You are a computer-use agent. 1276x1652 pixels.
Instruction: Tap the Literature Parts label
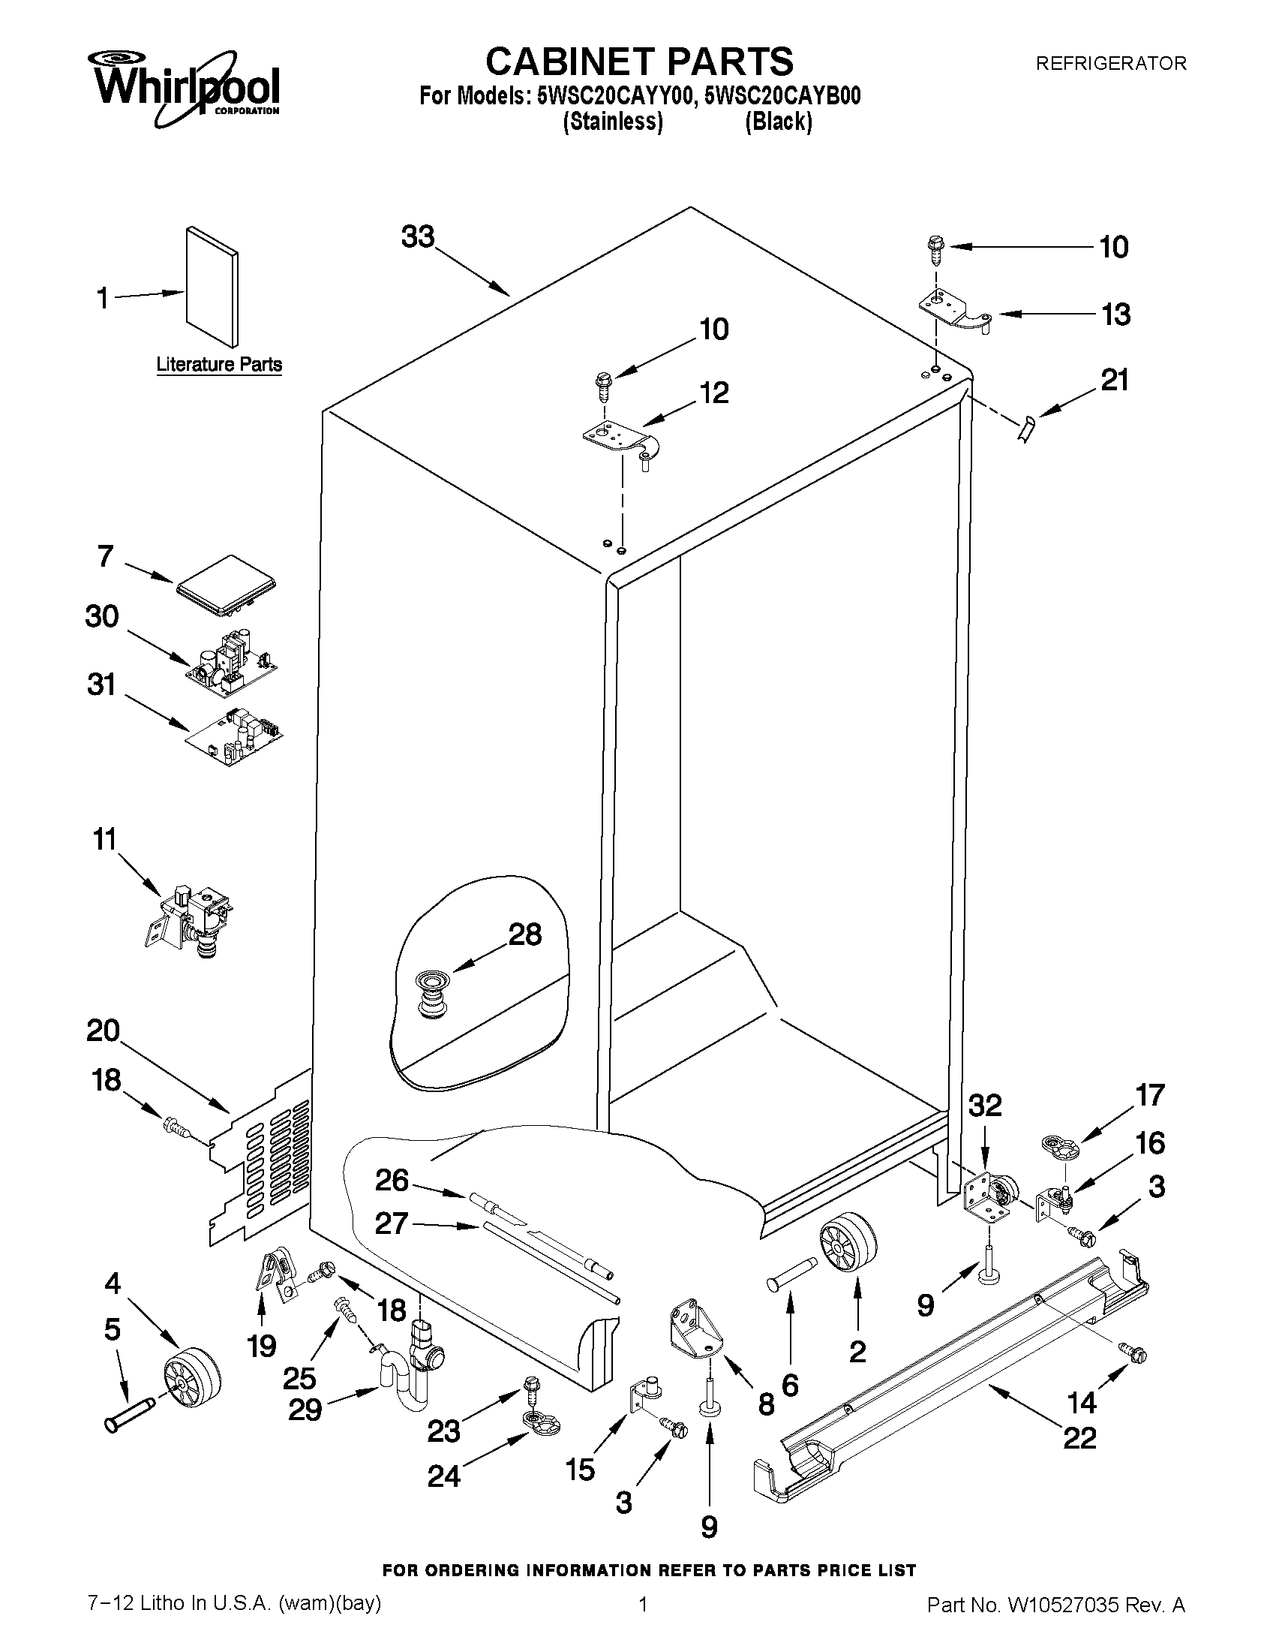tap(219, 364)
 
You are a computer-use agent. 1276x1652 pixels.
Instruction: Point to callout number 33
tap(418, 236)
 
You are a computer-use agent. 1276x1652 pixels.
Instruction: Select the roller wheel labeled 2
tap(847, 1244)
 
